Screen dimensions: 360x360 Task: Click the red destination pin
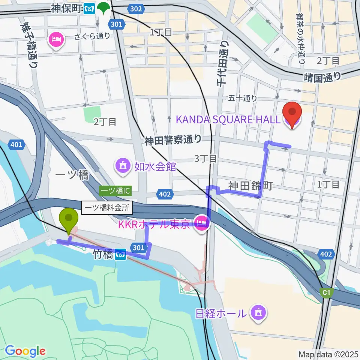pos(293,112)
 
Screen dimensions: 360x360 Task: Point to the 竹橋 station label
pos(102,255)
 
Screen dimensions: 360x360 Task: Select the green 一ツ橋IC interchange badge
pos(115,191)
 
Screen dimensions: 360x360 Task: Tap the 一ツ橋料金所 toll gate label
pos(107,208)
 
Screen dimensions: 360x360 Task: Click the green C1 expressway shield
pos(327,292)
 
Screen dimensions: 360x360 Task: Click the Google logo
pos(25,351)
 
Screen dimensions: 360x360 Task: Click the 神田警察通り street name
pos(173,140)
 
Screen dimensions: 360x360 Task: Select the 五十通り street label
pos(243,98)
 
